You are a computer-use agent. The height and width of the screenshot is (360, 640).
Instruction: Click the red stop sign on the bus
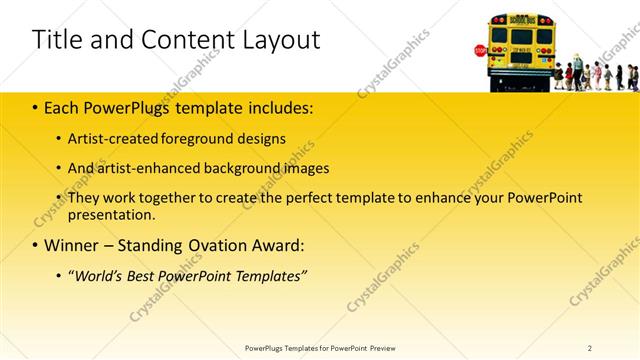tap(481, 50)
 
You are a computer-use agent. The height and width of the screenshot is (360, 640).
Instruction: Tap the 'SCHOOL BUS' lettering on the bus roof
tap(521, 20)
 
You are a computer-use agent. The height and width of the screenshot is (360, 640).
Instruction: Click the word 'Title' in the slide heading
tap(56, 40)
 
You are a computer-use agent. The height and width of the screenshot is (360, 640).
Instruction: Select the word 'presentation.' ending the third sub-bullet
tap(112, 214)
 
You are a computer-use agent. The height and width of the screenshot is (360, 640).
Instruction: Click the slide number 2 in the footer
tap(590, 347)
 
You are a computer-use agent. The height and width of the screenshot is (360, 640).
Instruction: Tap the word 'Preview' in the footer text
tap(383, 347)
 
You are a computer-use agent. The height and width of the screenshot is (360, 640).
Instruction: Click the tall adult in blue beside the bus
tap(577, 70)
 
